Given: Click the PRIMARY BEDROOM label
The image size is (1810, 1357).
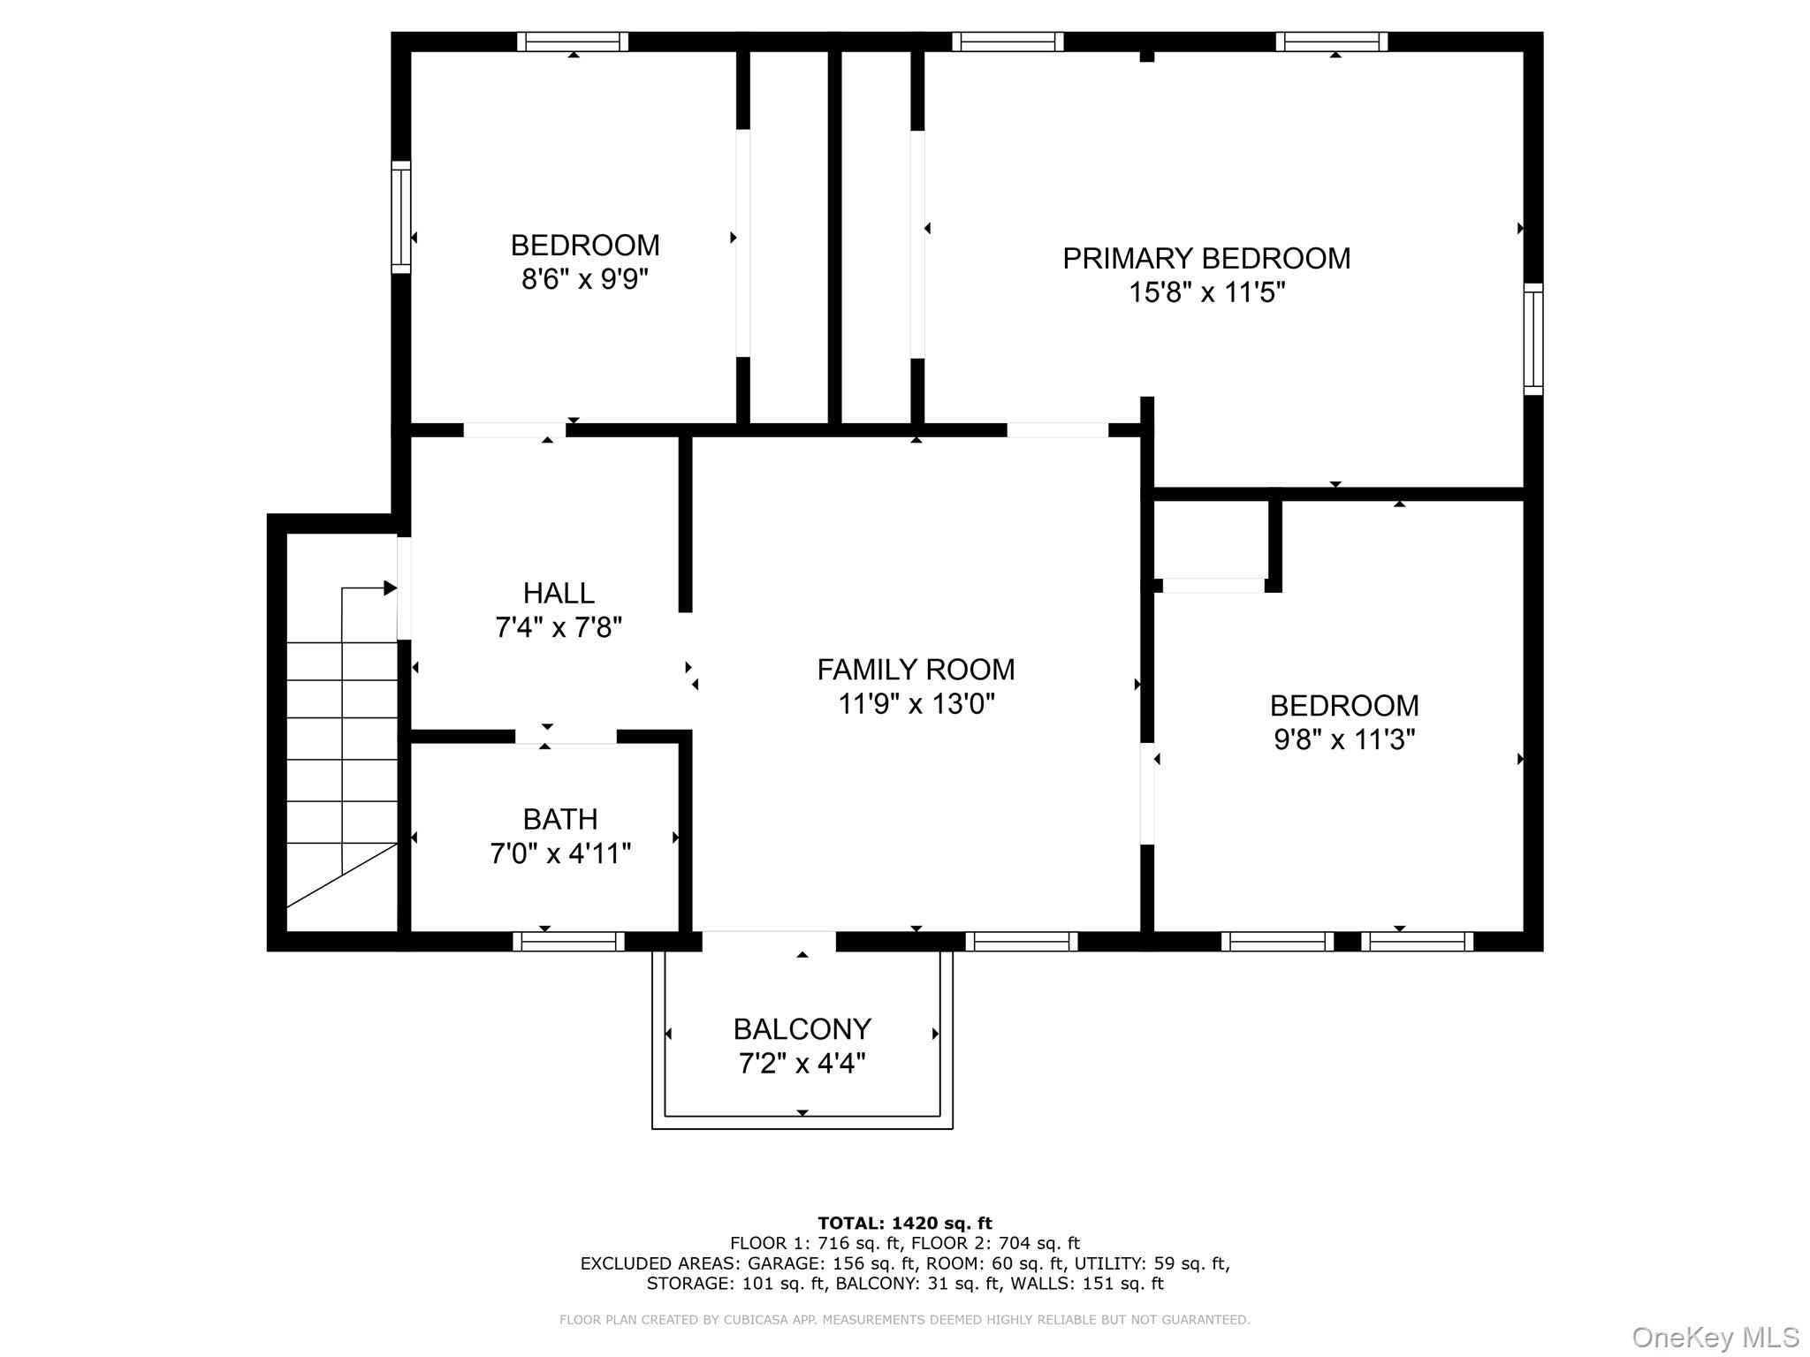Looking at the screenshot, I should coord(1205,258).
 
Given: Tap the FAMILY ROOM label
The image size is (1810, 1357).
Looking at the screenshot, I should coord(916,670).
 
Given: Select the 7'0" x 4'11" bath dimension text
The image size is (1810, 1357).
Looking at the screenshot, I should coord(560,854).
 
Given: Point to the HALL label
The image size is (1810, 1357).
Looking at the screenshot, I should coord(559,593).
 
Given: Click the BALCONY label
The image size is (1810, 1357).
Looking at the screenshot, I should coord(802,1029).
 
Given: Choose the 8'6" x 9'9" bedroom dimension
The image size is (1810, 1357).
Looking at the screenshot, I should coord(585,279).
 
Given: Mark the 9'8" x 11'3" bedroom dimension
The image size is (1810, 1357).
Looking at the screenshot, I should coord(1343,739).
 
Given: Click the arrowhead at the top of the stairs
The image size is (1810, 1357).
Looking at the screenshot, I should coord(390,588).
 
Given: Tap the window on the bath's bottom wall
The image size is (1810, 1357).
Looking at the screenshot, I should coord(568,942).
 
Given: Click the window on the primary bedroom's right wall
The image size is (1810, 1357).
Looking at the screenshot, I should coord(1533,338).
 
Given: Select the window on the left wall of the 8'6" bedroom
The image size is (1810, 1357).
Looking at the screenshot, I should coord(401,216).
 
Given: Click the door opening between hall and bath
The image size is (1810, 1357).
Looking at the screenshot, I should coord(566,736).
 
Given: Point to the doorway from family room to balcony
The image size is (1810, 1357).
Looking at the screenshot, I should coord(768,942).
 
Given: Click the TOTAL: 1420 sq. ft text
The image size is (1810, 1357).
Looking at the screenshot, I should coord(904,1224).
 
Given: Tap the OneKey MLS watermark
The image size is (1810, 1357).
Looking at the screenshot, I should coord(1715,1337).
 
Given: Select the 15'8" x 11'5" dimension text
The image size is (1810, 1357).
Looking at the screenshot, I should coord(1205,292).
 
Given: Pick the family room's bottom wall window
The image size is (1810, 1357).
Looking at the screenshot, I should coord(1021,942).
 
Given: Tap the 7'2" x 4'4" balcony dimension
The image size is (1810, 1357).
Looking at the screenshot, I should coord(802,1064).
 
